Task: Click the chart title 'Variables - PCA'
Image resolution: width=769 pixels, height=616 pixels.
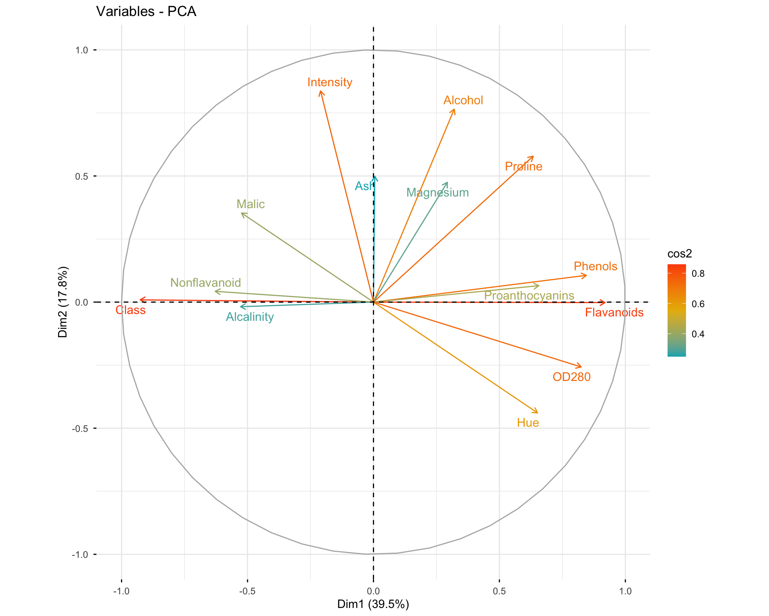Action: [x=146, y=11]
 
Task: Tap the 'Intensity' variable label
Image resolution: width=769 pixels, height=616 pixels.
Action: [x=330, y=82]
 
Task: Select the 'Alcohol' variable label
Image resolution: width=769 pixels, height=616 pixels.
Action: [x=463, y=100]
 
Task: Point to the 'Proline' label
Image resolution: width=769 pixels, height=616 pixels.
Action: [x=523, y=166]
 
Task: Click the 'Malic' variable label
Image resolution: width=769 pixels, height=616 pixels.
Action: [x=251, y=204]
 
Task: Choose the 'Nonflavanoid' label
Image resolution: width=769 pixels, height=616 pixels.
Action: [x=205, y=283]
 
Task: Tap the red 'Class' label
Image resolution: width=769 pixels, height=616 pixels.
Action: [x=131, y=310]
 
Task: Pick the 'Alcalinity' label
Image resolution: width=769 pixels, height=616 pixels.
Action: [x=250, y=317]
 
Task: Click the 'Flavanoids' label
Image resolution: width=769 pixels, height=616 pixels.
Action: [x=614, y=312]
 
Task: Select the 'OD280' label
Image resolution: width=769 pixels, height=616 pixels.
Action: [x=572, y=377]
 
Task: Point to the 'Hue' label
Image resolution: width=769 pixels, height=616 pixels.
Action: [x=528, y=423]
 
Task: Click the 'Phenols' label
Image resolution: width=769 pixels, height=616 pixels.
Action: [x=596, y=266]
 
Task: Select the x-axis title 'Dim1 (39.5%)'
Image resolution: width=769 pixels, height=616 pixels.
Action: [x=373, y=604]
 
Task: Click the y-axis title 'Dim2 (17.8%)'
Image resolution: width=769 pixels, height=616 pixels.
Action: [x=63, y=302]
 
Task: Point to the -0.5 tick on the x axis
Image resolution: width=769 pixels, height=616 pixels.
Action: [x=247, y=591]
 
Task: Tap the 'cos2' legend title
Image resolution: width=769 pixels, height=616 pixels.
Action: [x=680, y=254]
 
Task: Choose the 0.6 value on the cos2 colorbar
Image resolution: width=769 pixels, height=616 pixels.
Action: [x=698, y=304]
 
